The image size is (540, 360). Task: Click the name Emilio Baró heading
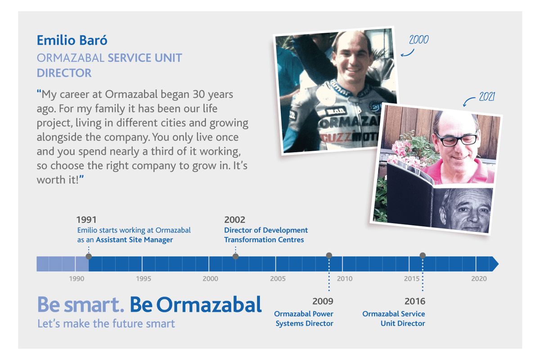pos(72,40)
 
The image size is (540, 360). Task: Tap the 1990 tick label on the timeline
pos(76,279)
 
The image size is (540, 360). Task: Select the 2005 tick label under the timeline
pos(278,279)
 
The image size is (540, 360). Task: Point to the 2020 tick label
pos(479,279)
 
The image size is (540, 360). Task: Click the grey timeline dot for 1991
pos(89,256)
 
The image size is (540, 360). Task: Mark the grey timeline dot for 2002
pos(235,256)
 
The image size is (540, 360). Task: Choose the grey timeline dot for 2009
pos(329,255)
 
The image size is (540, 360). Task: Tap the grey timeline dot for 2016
pos(423,255)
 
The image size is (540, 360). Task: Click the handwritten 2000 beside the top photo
pos(419,40)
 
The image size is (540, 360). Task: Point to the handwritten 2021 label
pos(487,97)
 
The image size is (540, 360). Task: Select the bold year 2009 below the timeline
pos(323,301)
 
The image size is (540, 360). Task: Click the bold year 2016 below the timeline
pos(415,301)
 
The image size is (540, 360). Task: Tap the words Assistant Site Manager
pos(134,240)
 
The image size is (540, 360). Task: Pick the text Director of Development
pos(266,230)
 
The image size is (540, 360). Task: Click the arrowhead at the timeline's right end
pos(495,264)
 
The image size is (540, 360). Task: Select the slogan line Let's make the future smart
pos(106,324)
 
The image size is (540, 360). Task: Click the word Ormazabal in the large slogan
pos(209,305)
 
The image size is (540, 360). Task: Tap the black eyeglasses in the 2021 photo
pos(457,139)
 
